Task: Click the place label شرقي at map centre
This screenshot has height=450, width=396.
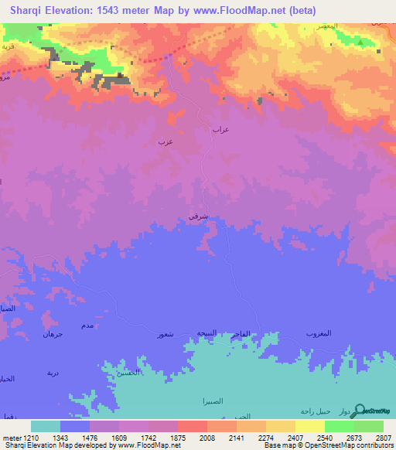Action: point(197,216)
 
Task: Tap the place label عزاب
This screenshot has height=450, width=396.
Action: point(221,130)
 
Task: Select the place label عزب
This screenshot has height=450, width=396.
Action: point(165,142)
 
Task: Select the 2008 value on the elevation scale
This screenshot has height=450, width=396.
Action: point(207,438)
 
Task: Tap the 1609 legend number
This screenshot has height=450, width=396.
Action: point(119,438)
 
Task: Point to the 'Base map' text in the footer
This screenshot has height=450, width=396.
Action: point(280,445)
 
